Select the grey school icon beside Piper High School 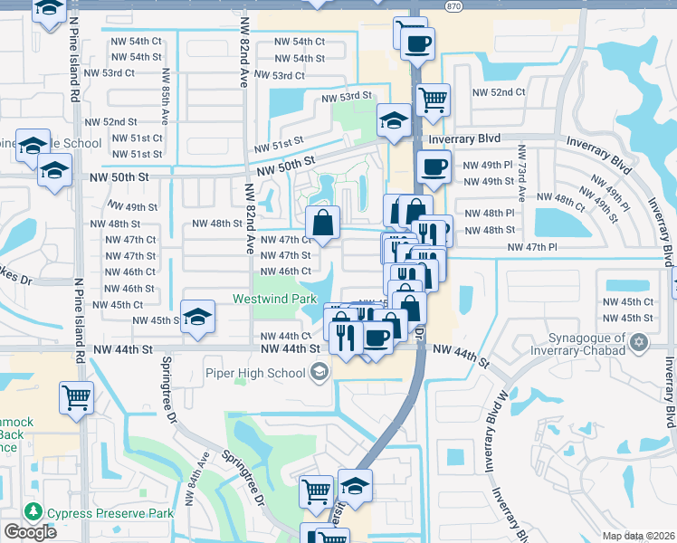pyautogui.click(x=319, y=371)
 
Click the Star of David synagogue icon pyautogui.click(x=641, y=343)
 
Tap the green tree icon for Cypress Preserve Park pyautogui.click(x=34, y=512)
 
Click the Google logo pyautogui.click(x=30, y=532)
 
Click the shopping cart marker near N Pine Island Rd pyautogui.click(x=76, y=396)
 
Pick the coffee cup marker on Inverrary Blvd pyautogui.click(x=433, y=167)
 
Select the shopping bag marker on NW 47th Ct pyautogui.click(x=322, y=222)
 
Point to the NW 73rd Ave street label pyautogui.click(x=521, y=175)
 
